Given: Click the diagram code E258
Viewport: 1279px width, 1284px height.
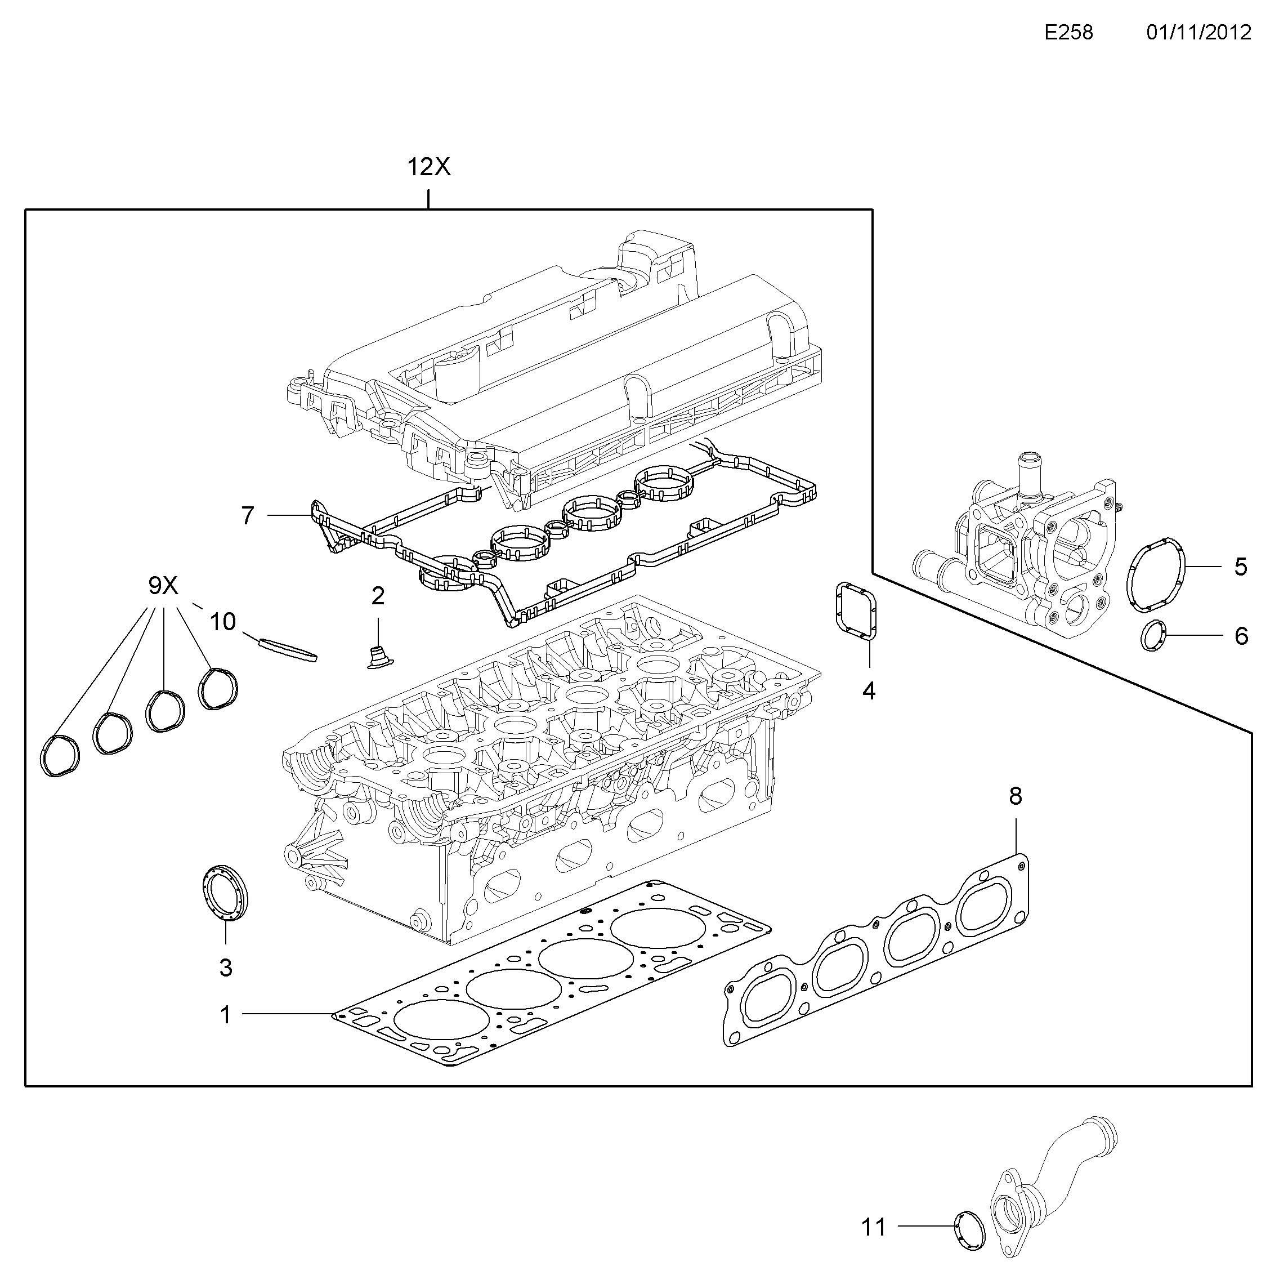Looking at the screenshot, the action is [x=1068, y=33].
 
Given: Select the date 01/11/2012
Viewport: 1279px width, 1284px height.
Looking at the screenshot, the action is [x=1198, y=33].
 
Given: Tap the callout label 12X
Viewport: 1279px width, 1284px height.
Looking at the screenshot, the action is [x=428, y=167].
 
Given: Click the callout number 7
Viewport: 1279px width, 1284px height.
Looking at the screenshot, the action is [x=248, y=515].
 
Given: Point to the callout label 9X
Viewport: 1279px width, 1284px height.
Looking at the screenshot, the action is [x=163, y=585].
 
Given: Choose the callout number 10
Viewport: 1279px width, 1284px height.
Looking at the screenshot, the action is [x=222, y=621].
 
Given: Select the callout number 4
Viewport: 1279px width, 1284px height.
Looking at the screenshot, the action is [x=869, y=691].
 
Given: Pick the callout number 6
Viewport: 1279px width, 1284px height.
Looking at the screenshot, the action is [x=1241, y=636].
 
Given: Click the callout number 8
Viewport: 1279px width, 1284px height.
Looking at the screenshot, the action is [x=1015, y=796].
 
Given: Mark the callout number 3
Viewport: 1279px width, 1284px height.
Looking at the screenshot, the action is [x=226, y=968].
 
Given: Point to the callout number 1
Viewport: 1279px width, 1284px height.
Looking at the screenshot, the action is [x=225, y=1015].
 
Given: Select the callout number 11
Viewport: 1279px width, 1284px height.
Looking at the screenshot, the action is [x=874, y=1227].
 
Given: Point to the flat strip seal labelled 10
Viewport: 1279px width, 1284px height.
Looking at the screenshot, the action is [x=288, y=649].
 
